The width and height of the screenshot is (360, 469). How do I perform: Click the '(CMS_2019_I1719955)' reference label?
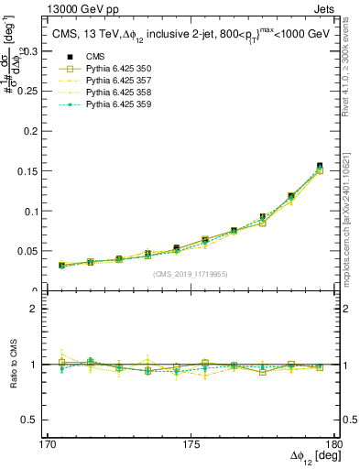click(191, 273)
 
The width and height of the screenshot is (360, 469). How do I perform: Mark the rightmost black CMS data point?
click(320, 166)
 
